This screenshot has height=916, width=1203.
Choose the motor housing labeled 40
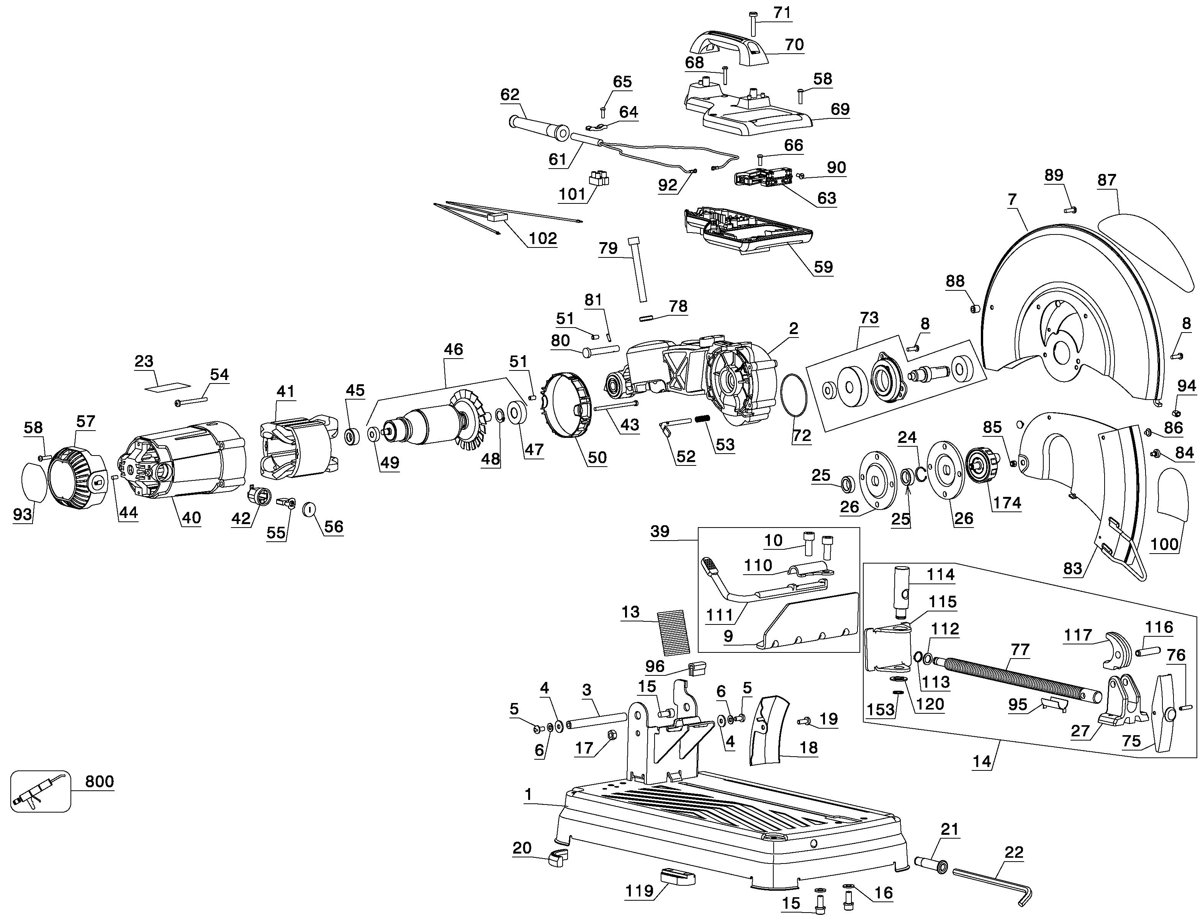[x=185, y=461]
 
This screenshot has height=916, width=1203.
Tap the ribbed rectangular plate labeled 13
[x=673, y=632]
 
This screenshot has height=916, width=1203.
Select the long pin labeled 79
[x=638, y=269]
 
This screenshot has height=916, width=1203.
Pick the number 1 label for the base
[x=528, y=795]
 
